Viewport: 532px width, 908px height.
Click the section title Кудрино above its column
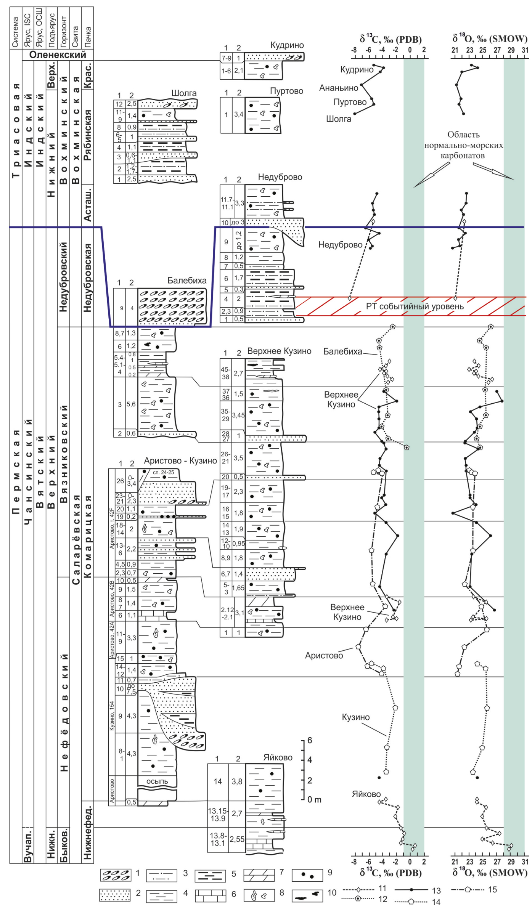tap(287, 45)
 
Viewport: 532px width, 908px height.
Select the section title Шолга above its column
tap(184, 93)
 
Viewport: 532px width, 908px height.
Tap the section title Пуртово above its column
tap(286, 91)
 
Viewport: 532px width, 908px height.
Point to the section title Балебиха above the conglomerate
tap(187, 281)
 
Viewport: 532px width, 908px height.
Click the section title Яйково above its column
tap(278, 757)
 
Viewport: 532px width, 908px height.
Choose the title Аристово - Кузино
tap(180, 460)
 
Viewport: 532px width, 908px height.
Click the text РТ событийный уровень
tap(415, 306)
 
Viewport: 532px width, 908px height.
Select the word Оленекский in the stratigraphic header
tap(58, 55)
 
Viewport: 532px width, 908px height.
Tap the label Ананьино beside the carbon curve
tap(339, 88)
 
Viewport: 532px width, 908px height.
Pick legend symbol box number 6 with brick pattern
tap(211, 895)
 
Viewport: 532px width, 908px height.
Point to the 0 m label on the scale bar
tap(315, 800)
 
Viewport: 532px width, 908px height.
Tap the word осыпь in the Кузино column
tap(157, 781)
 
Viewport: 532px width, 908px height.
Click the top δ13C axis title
tap(391, 39)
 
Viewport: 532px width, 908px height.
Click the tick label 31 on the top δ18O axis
tap(525, 50)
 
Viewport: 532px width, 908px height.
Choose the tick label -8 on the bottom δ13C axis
tap(354, 862)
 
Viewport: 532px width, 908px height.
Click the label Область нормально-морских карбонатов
tap(463, 145)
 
